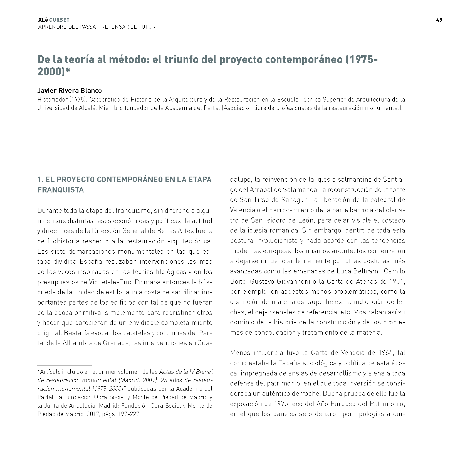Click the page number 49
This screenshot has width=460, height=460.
click(x=439, y=20)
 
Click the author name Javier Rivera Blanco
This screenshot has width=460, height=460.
click(x=70, y=90)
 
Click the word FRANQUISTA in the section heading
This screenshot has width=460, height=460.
click(x=61, y=190)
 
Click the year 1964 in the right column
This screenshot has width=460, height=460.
click(x=385, y=353)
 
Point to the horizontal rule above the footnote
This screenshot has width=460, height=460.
click(x=64, y=365)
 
